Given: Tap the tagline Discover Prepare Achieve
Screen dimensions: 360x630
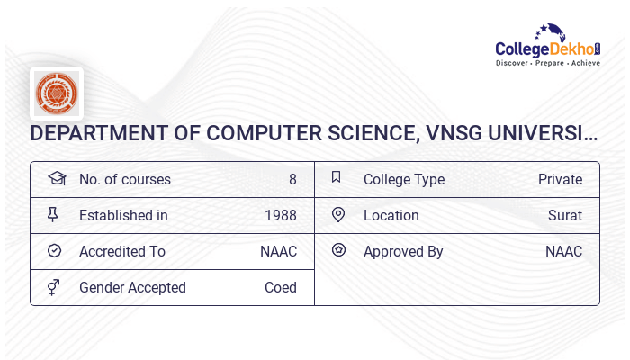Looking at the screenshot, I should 548,64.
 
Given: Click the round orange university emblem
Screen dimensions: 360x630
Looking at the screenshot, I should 57,94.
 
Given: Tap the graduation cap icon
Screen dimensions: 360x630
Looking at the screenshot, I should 57,179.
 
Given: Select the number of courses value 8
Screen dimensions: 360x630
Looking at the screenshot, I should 292,179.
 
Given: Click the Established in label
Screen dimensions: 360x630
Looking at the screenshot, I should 123,215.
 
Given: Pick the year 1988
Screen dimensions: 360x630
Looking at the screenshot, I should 281,215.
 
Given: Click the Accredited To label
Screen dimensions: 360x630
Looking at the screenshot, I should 122,251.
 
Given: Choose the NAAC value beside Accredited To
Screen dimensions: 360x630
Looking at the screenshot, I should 278,251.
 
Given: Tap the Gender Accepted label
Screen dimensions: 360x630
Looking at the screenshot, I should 132,287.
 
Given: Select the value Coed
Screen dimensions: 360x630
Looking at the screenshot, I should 281,287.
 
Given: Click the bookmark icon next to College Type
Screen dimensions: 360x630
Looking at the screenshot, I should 337,178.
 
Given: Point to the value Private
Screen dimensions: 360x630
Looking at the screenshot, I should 560,179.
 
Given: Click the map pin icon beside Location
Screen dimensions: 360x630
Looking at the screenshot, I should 338,215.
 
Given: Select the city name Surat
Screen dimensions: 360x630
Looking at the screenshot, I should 565,215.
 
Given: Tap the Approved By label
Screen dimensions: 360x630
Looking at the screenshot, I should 403,251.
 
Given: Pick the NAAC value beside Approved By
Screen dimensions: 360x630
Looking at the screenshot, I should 563,251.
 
